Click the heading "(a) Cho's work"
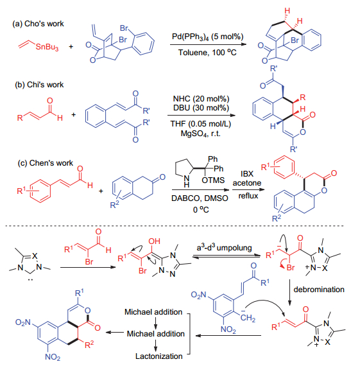[x=38, y=24]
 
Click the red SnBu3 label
[x=47, y=47]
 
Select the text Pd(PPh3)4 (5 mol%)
[x=208, y=37]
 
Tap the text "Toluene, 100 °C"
[x=207, y=53]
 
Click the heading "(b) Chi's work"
[x=39, y=85]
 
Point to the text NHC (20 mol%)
[x=201, y=99]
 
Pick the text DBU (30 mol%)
[x=201, y=108]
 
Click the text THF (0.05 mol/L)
[x=201, y=124]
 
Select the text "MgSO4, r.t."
[x=200, y=134]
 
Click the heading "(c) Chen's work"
[x=46, y=163]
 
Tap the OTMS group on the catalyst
[x=213, y=180]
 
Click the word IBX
[x=247, y=174]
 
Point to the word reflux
[x=248, y=196]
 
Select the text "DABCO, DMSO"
[x=200, y=198]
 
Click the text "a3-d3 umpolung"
[x=224, y=248]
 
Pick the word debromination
[x=319, y=290]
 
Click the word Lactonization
[x=159, y=356]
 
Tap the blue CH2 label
[x=248, y=318]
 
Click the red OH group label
[x=154, y=241]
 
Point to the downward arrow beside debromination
[x=289, y=292]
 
